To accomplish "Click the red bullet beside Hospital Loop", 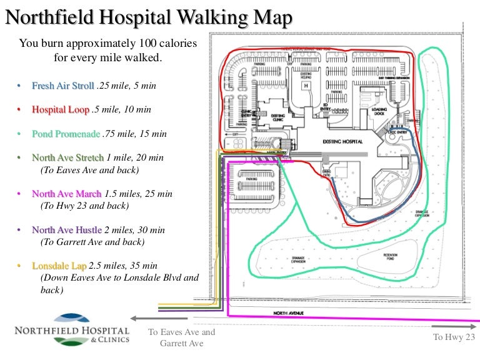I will pos(19,110).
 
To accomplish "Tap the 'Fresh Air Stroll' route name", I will pos(63,86).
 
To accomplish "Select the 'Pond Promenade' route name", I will pos(66,134).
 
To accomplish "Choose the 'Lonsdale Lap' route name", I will pos(59,266).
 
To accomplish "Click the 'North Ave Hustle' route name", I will pos(66,230).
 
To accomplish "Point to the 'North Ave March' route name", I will pos(66,194).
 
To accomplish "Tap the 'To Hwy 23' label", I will pos(454,337).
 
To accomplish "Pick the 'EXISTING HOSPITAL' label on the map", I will pos(342,142).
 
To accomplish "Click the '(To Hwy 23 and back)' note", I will pos(84,206).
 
